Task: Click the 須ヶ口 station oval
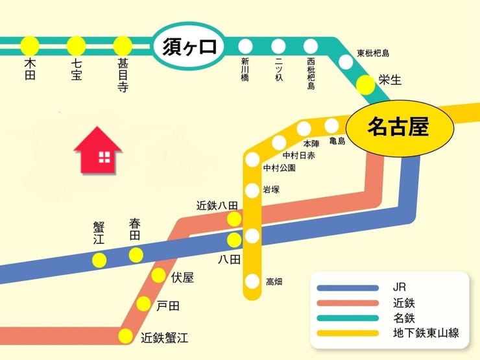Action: coord(187,47)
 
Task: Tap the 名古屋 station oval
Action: coord(398,127)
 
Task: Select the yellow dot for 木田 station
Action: coord(30,46)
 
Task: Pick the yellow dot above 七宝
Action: coord(76,46)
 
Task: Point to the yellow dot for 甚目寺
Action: coord(123,46)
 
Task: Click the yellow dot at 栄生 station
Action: coord(366,83)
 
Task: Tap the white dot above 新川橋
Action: coord(245,46)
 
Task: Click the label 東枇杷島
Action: coord(372,53)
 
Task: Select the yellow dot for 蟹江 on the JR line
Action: coord(99,261)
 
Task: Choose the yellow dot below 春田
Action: coord(136,255)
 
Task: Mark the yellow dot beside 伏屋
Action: coord(158,276)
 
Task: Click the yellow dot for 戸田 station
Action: coord(143,304)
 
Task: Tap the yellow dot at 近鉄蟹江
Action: coord(125,336)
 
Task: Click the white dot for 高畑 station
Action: coord(252,282)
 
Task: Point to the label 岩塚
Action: coord(270,190)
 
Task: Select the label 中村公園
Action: coord(280,168)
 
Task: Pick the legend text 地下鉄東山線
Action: coord(426,333)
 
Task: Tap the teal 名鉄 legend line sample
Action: coord(348,318)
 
